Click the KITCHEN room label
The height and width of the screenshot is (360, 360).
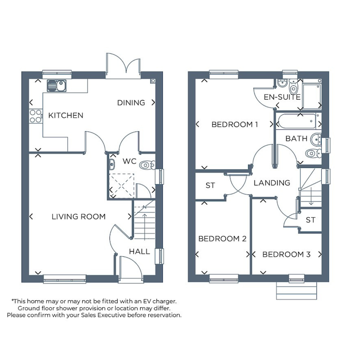[x=66, y=115]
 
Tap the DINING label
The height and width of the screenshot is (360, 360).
[x=131, y=102]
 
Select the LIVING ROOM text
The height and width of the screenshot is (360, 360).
[x=78, y=216]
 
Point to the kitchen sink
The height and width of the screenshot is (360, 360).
[x=56, y=86]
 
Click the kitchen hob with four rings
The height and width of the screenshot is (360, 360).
[x=36, y=116]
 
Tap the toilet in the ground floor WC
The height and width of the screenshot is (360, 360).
[x=147, y=165]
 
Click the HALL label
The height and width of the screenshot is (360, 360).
[x=139, y=251]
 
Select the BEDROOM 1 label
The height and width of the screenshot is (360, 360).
[x=235, y=125]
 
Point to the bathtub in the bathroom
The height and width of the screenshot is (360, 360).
[x=297, y=121]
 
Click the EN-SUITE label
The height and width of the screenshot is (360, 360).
[x=282, y=97]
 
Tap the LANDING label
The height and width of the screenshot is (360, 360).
[x=272, y=183]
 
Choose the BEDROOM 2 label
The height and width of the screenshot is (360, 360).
[x=222, y=239]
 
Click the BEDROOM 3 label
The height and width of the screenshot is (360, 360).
[x=286, y=254]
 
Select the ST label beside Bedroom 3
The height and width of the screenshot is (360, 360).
[x=310, y=220]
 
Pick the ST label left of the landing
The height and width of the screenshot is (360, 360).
[x=210, y=185]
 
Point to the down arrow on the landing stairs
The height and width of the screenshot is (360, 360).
[x=311, y=196]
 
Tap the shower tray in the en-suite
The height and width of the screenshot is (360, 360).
[x=312, y=94]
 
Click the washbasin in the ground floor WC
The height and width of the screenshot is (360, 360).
[x=112, y=165]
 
